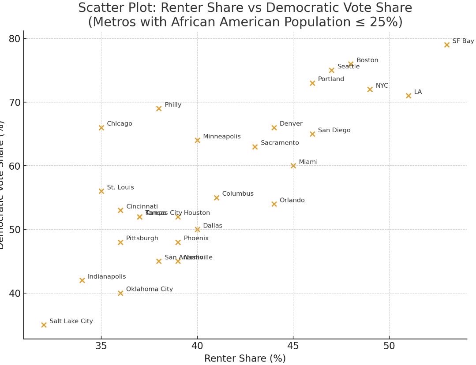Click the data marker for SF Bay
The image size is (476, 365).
pos(446,45)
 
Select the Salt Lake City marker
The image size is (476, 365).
pos(44,325)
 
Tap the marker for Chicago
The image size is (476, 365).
pos(101,128)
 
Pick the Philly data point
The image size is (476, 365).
pos(159,108)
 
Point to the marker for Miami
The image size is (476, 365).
pos(293,166)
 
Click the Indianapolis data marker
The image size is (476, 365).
pos(82,280)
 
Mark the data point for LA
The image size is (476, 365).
pos(408,96)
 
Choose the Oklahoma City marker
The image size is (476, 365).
pos(120,293)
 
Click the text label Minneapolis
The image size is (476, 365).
pos(221,137)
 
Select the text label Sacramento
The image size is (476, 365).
pos(280,143)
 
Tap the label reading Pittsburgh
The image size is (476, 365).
pos(142,238)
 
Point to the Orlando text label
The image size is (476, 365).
pos(292,201)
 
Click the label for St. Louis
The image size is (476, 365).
pos(120,188)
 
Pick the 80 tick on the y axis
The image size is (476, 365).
pos(15,39)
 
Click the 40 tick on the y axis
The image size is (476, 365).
pos(15,293)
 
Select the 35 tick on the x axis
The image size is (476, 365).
pos(101,346)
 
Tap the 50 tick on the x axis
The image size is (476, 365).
pos(389,346)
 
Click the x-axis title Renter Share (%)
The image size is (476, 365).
pos(245,358)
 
